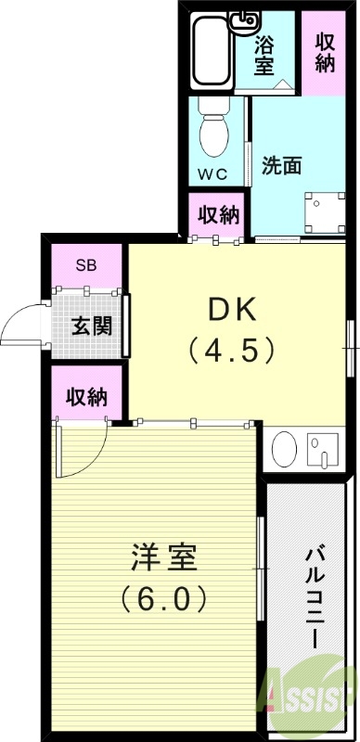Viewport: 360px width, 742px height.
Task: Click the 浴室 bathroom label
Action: (x=264, y=53)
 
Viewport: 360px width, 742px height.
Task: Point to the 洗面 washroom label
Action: (x=281, y=166)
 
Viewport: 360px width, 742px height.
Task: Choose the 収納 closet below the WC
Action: (x=219, y=215)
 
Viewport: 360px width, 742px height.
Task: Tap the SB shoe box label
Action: (x=86, y=264)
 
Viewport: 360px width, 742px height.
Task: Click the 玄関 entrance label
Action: (x=91, y=326)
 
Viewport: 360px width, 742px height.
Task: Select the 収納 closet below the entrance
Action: (x=86, y=397)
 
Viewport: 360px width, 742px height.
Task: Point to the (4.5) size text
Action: (x=232, y=350)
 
